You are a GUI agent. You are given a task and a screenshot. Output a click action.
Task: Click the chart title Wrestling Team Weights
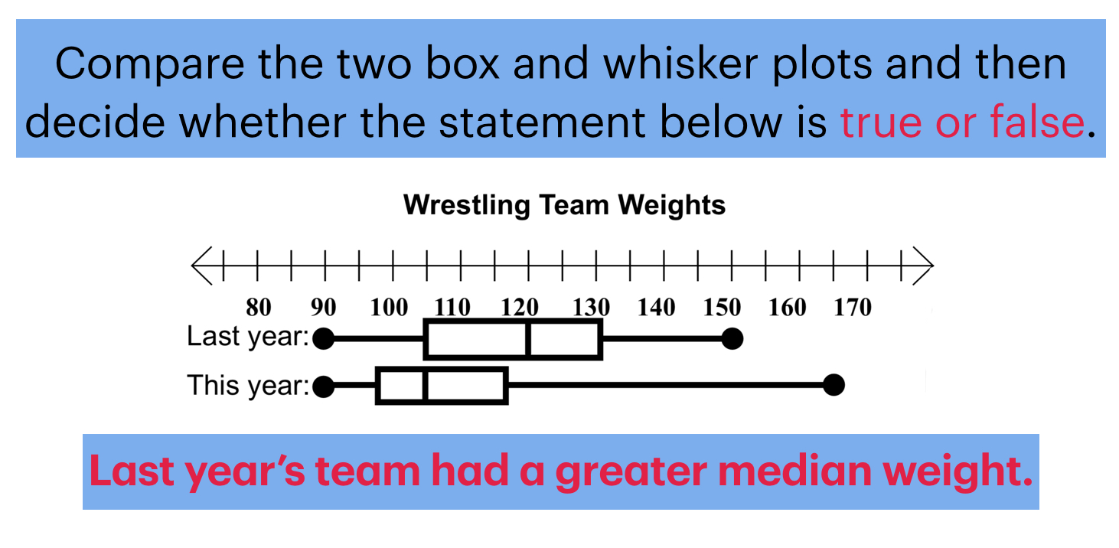coord(564,205)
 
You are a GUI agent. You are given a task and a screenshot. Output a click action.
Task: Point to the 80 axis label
coord(259,308)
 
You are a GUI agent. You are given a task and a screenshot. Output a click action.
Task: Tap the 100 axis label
coord(389,308)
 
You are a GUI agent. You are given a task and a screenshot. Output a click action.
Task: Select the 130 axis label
coord(590,308)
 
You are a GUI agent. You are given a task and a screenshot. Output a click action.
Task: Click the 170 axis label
coord(853,308)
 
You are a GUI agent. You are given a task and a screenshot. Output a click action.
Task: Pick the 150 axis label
coord(722,308)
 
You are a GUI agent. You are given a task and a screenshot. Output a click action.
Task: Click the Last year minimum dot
coord(324,338)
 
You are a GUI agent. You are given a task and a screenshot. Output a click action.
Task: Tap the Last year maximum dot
coord(732,338)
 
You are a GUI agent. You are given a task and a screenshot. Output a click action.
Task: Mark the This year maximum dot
coord(834,386)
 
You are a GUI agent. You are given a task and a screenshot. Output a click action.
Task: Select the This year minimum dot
coord(324,387)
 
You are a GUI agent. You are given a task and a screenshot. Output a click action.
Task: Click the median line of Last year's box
coord(529,338)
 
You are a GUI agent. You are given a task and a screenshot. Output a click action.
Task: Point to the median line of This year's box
coord(426,387)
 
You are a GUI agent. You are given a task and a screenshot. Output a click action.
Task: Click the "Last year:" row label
coord(247,337)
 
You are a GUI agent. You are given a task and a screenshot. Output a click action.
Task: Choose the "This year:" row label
coord(247,385)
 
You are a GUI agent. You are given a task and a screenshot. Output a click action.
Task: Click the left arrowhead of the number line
coord(201,266)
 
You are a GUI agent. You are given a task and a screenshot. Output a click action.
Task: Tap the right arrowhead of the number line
coord(925,266)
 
